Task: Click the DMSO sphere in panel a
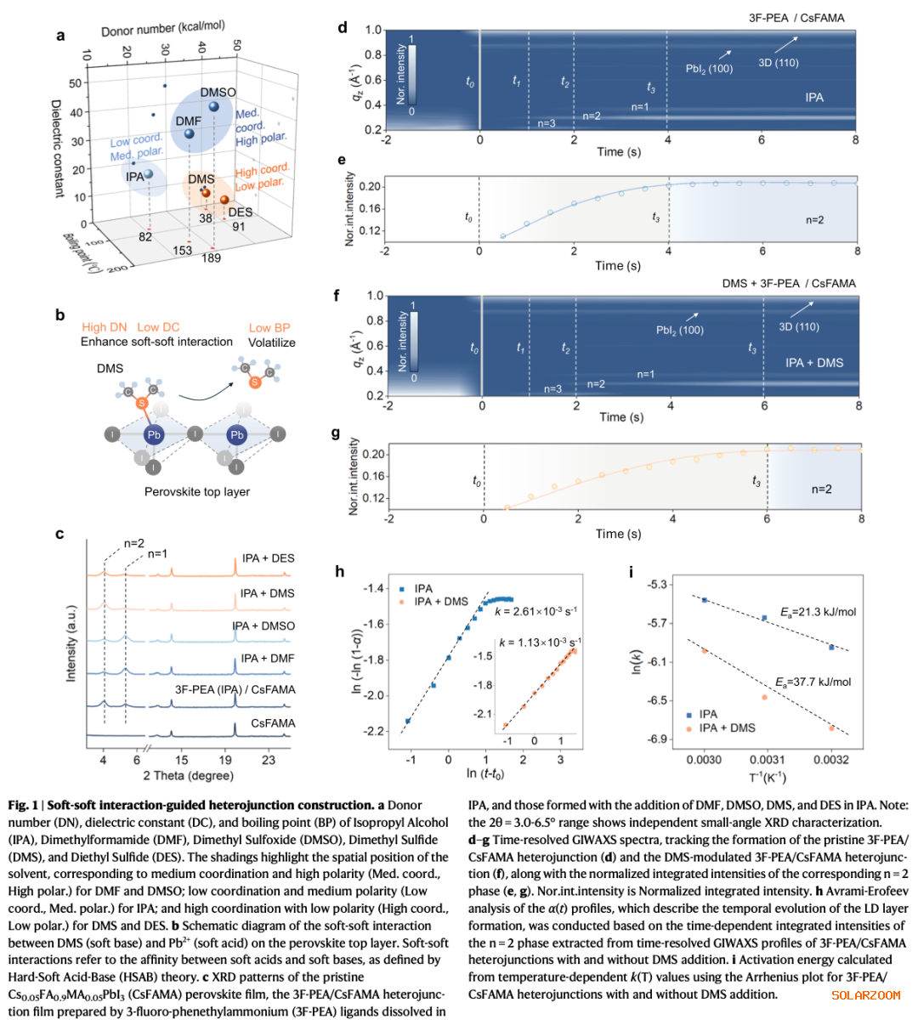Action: [x=214, y=107]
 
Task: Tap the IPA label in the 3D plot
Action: [x=134, y=177]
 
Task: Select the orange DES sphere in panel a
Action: [x=224, y=200]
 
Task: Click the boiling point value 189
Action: [x=211, y=258]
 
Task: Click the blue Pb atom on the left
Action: [x=154, y=434]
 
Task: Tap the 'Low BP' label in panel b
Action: [x=269, y=327]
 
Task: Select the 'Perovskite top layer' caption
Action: [x=197, y=491]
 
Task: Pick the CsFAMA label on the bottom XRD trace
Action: [x=273, y=723]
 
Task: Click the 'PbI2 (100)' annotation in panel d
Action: [x=709, y=69]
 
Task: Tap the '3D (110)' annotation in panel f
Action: [x=799, y=327]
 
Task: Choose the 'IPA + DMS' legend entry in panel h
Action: [x=440, y=602]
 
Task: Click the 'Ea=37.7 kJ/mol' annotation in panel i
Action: [x=813, y=682]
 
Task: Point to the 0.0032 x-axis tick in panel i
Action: [x=831, y=760]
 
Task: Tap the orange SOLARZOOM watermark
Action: [x=865, y=995]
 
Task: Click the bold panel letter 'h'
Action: [x=341, y=572]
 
